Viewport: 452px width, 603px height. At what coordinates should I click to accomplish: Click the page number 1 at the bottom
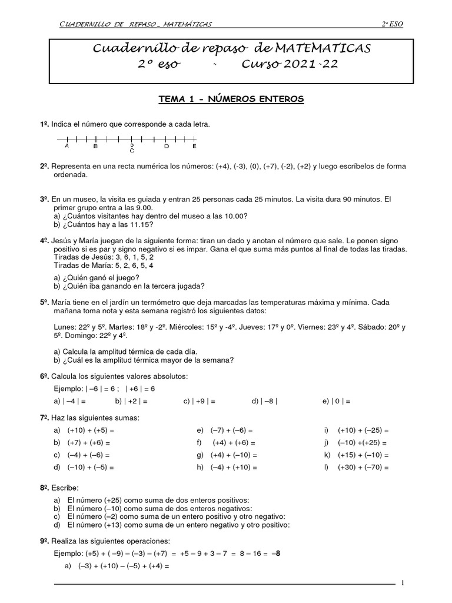[x=402, y=583]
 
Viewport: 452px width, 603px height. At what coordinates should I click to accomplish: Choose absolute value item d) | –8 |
[x=264, y=402]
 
